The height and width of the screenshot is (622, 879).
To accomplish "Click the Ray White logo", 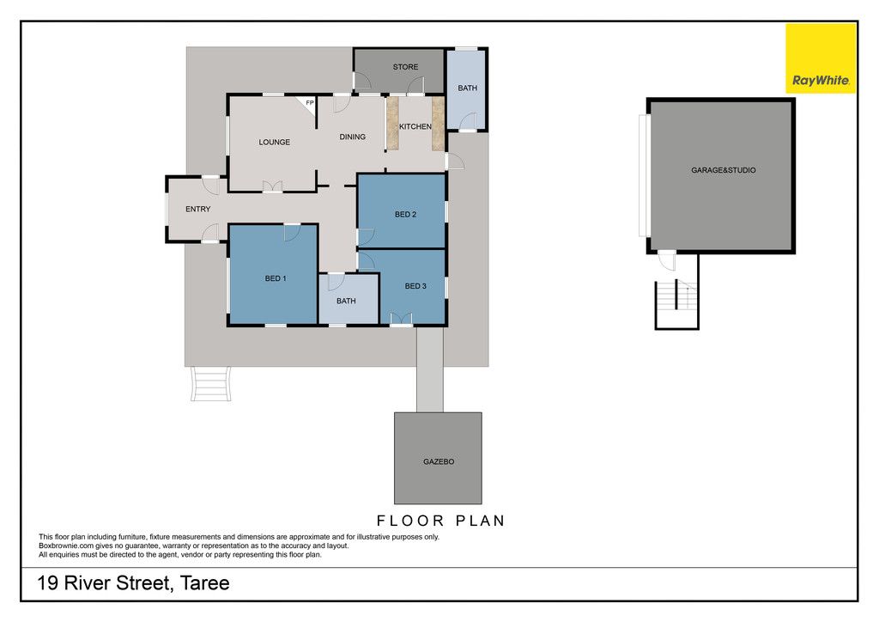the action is click(821, 58).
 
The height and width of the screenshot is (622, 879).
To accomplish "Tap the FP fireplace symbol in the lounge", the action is click(307, 103).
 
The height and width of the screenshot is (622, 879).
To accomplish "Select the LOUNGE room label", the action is click(274, 143).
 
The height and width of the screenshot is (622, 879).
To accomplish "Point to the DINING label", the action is click(353, 137).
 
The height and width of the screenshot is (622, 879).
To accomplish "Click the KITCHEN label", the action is click(415, 127).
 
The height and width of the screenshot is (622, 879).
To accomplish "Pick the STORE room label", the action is click(405, 67).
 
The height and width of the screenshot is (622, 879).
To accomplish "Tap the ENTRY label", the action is click(198, 210).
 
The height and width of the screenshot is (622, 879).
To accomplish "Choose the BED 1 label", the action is click(276, 278).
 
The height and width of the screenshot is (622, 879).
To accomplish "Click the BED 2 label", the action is click(405, 214).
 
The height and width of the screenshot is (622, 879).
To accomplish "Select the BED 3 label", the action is click(415, 286).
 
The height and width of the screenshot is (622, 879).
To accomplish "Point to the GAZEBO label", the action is click(439, 461).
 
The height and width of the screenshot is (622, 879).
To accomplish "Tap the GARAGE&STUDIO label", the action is click(723, 170).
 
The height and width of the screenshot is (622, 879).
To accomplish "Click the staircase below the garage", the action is click(676, 303).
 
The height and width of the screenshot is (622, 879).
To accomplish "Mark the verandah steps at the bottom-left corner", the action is click(211, 384).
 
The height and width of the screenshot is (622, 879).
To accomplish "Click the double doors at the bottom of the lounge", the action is click(272, 186).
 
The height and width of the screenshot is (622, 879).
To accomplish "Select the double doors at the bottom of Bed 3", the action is click(402, 319).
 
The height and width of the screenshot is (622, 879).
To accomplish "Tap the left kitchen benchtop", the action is click(392, 124).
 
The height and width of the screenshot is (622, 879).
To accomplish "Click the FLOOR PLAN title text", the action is click(441, 521).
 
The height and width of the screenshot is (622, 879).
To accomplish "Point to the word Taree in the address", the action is click(204, 583).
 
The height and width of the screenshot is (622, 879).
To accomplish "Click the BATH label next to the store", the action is click(468, 88).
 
